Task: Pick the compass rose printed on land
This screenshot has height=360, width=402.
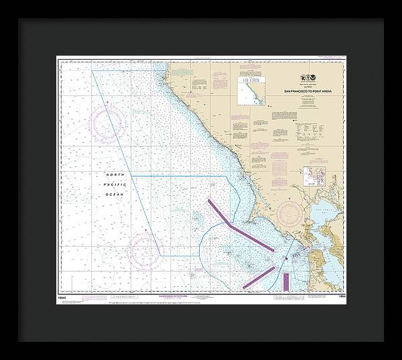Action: pos(291,215)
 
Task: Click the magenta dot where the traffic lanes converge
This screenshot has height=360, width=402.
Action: pos(286,258)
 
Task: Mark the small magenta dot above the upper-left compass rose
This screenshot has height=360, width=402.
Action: pos(108,102)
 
